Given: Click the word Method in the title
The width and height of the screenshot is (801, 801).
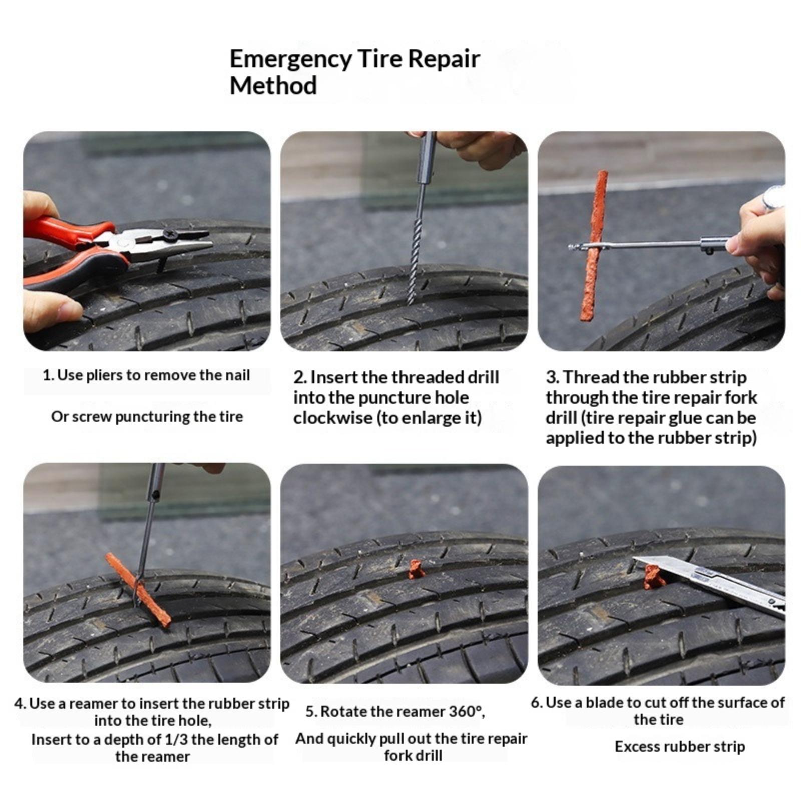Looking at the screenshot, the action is tap(273, 86).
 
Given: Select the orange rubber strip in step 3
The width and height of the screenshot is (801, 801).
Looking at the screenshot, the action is tap(594, 245).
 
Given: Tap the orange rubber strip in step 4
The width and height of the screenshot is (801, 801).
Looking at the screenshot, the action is tap(138, 590).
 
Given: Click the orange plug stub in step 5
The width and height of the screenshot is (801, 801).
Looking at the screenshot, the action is tap(415, 569).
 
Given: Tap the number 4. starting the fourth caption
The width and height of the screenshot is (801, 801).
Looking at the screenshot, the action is tap(20, 704).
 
